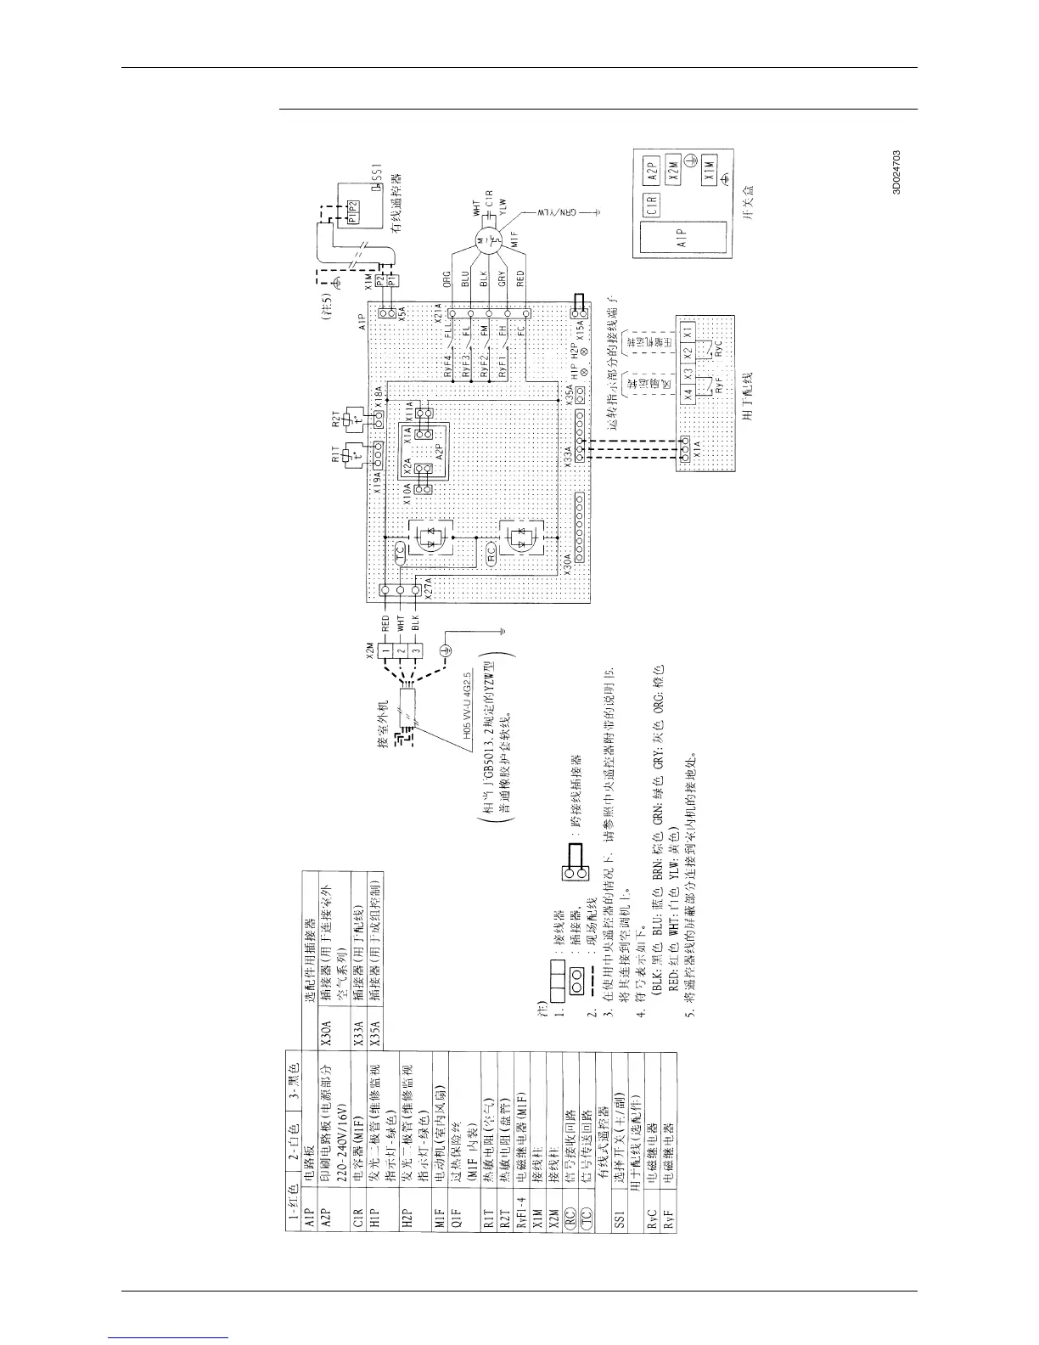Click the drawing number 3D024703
click(x=896, y=172)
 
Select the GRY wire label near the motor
click(x=502, y=281)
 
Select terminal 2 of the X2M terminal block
click(x=398, y=651)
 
